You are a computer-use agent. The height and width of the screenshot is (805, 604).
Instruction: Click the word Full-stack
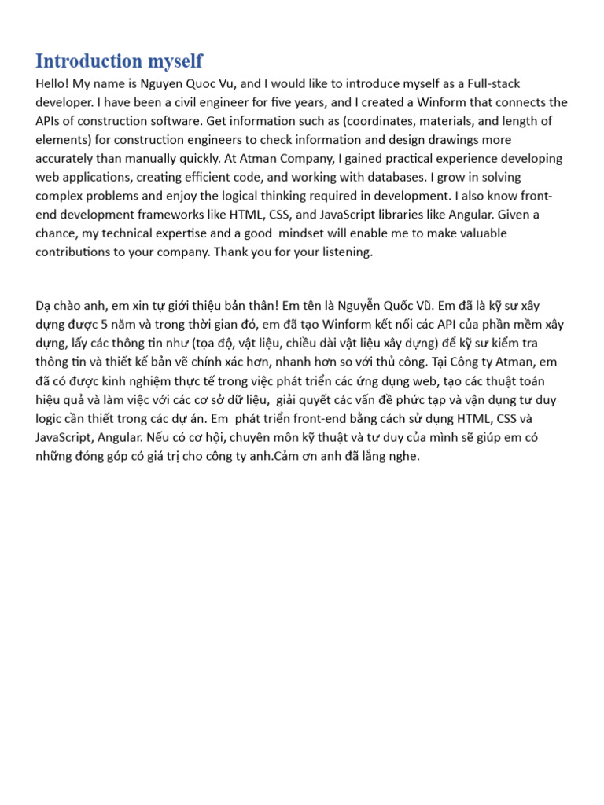[x=493, y=83]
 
